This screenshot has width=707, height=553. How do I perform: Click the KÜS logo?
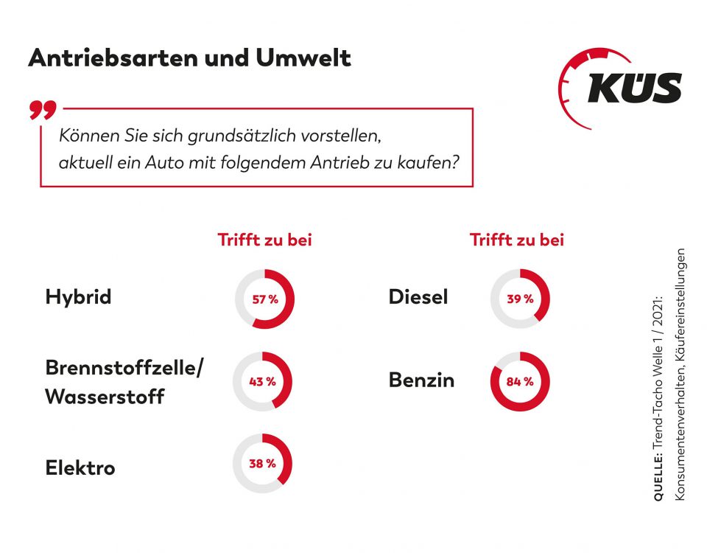click(x=622, y=88)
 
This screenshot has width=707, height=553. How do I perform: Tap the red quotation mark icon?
click(x=43, y=110)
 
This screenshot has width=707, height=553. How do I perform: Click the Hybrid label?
click(x=78, y=297)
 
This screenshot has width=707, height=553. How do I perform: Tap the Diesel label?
click(x=418, y=297)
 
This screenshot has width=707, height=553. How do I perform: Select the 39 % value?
click(x=519, y=299)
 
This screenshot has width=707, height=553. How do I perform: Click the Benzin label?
click(x=421, y=380)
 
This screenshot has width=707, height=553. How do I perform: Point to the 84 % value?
click(x=519, y=382)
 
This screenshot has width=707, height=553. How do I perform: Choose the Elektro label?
click(x=80, y=467)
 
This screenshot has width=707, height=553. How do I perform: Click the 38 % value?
click(x=261, y=464)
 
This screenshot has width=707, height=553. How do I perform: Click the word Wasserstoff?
click(x=105, y=397)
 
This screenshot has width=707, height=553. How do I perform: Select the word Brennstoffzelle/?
click(x=124, y=368)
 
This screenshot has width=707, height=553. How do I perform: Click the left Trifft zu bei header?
click(x=264, y=240)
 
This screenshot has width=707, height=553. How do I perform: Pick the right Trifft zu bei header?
click(x=517, y=240)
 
